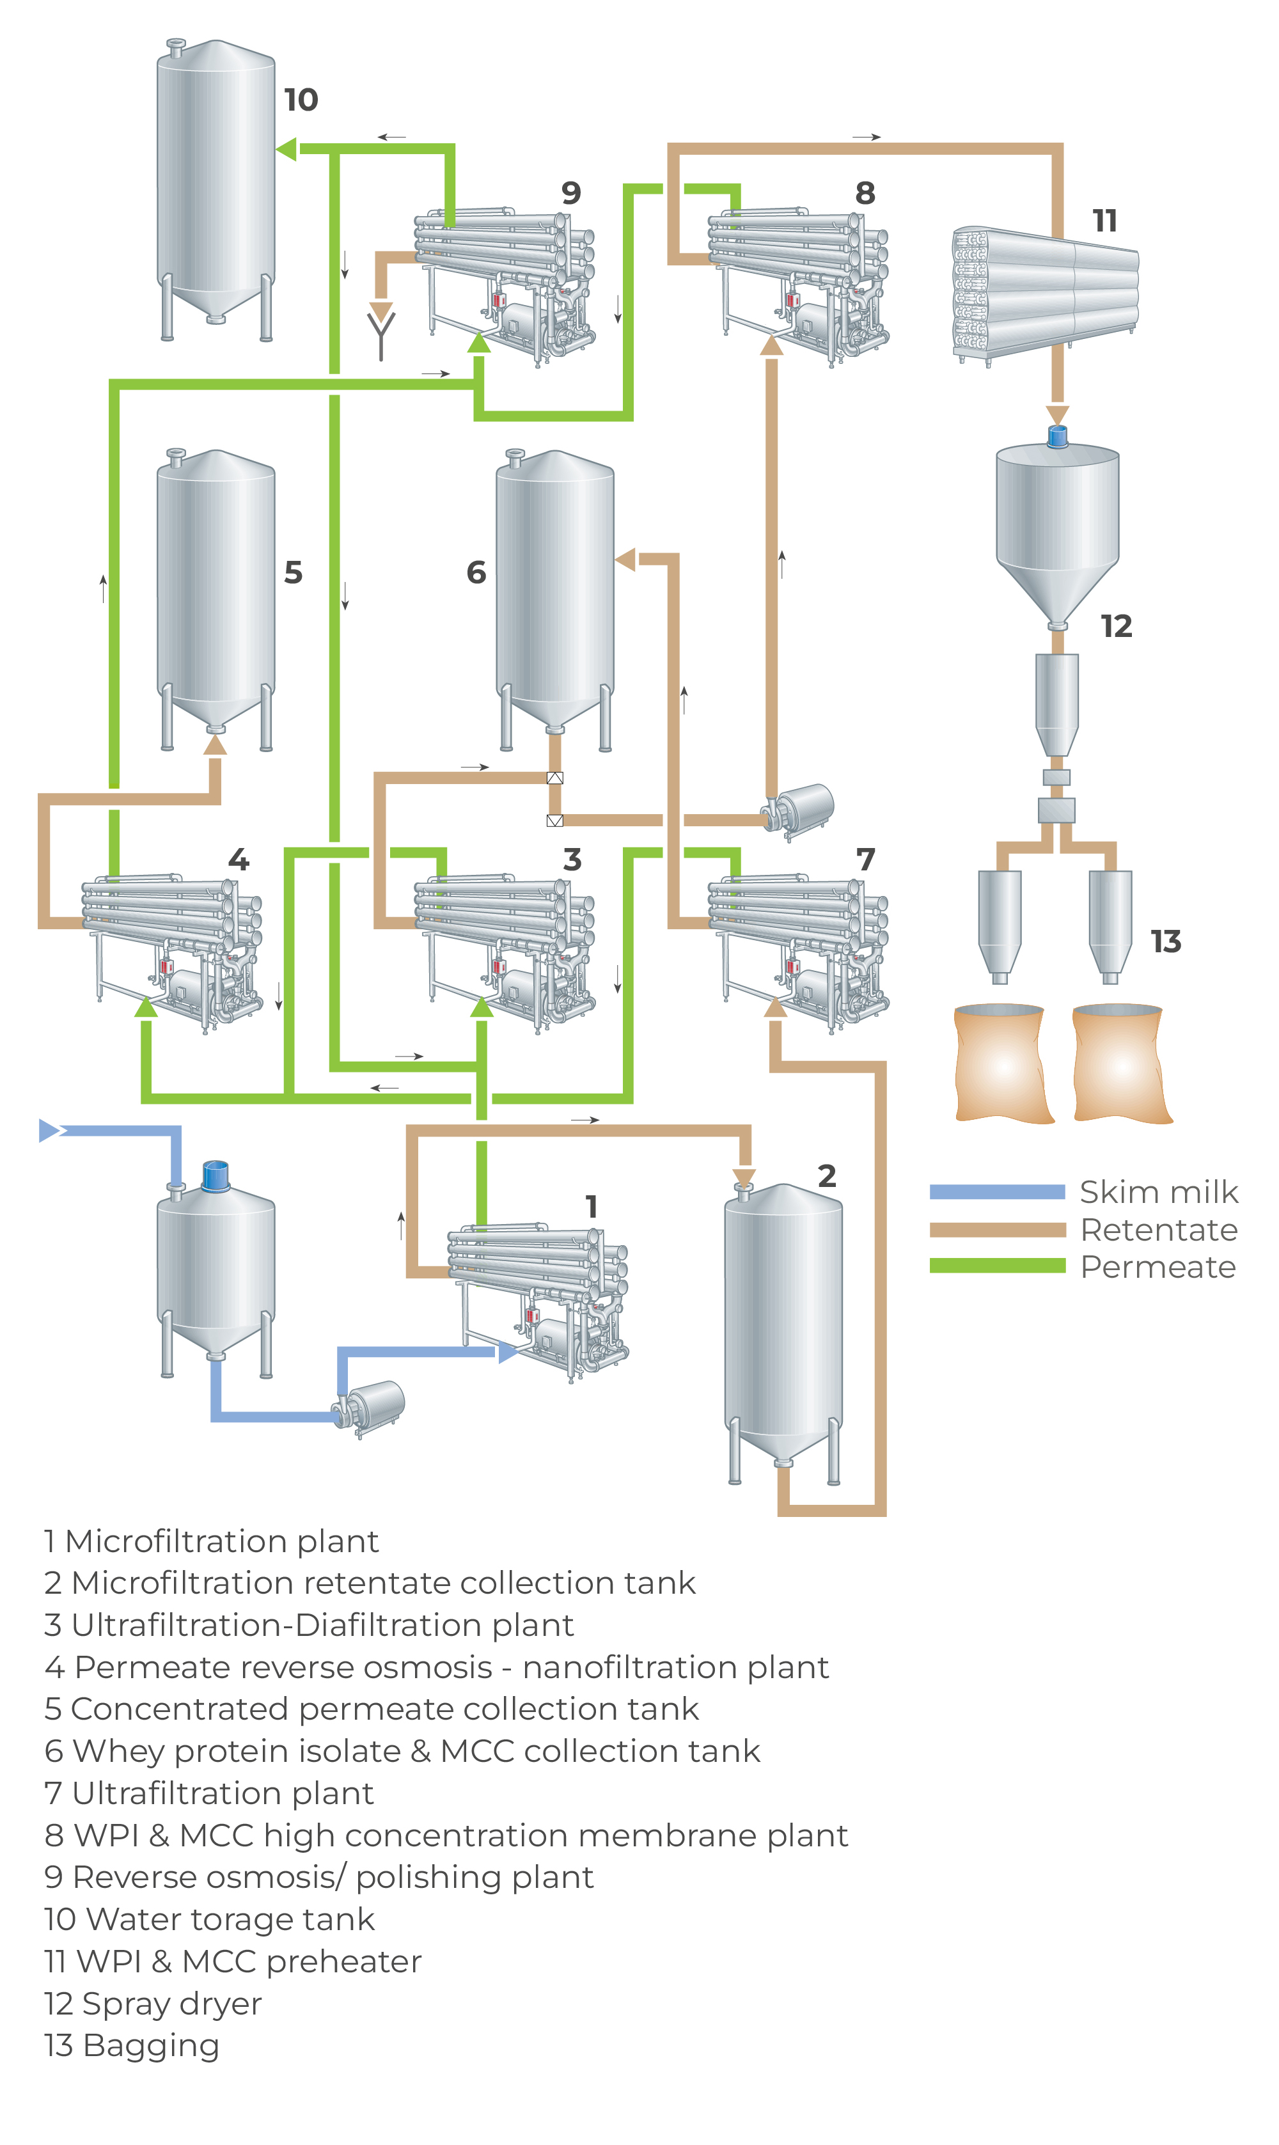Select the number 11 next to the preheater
click(x=1105, y=221)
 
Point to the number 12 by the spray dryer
click(x=1116, y=627)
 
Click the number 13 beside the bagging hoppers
click(x=1166, y=942)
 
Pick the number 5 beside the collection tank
click(x=293, y=573)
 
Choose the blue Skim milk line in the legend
click(x=997, y=1192)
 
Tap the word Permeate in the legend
click(x=1158, y=1267)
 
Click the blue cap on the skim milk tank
click(x=216, y=1175)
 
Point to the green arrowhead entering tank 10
click(x=286, y=149)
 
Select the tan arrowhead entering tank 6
click(x=625, y=560)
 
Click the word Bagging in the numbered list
click(x=151, y=2045)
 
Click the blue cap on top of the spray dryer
click(x=1058, y=436)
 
